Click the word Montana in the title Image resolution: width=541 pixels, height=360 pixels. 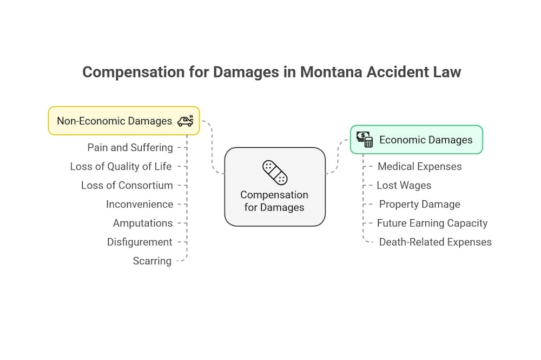332,72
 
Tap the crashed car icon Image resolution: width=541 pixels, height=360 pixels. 186,121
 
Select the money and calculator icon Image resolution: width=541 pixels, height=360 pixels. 365,140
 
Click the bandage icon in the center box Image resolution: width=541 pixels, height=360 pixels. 275,173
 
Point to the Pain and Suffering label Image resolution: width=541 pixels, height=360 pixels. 130,147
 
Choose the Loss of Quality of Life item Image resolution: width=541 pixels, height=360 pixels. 121,166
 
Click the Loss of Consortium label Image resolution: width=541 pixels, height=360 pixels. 127,185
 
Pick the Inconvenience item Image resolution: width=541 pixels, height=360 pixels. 140,204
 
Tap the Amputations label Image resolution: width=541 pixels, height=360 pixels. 143,223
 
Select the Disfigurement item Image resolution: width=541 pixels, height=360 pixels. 140,242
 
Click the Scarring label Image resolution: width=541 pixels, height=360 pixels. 152,261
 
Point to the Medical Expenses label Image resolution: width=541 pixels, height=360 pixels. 420,166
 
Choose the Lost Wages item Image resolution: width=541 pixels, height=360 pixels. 404,185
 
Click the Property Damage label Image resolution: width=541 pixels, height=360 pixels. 419,204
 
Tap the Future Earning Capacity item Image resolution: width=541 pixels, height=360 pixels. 432,223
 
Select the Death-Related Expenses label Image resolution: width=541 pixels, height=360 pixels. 436,242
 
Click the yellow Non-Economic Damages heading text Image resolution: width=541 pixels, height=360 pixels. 114,121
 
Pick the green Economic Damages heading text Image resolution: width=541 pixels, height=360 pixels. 426,140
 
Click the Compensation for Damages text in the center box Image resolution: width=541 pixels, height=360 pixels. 274,201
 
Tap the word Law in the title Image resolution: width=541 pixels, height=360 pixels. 447,72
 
